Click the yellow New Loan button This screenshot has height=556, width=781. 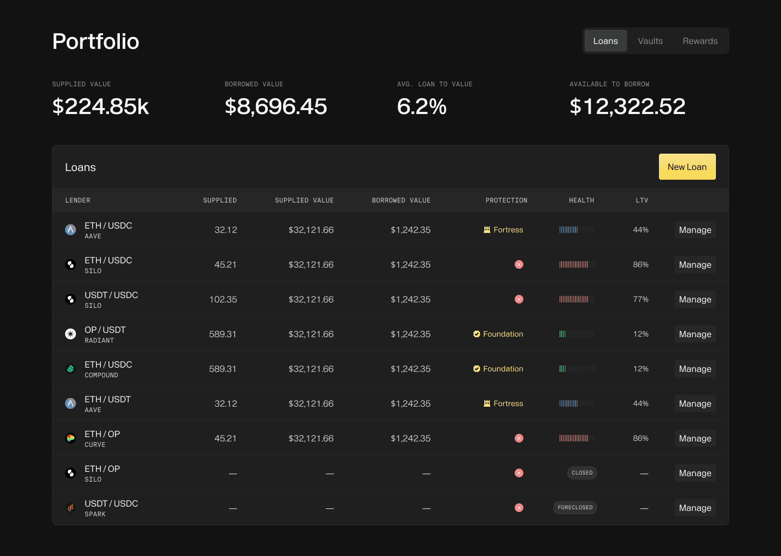tap(687, 167)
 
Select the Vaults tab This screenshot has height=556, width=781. tap(650, 41)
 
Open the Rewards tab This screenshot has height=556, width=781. tap(700, 41)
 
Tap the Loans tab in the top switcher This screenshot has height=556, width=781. tap(605, 41)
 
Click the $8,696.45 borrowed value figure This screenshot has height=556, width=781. tap(276, 106)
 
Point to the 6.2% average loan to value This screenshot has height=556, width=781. tap(421, 106)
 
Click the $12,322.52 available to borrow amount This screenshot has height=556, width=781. tap(627, 106)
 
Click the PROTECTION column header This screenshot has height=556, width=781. tap(506, 200)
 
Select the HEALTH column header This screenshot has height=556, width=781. tap(581, 200)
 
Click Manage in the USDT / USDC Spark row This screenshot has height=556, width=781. tap(695, 508)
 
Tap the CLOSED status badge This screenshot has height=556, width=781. tap(582, 473)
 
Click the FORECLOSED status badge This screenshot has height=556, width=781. tap(575, 508)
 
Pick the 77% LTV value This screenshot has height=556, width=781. tap(641, 299)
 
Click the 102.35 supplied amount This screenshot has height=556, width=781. tap(223, 299)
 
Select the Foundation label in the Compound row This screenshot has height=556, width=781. tap(503, 369)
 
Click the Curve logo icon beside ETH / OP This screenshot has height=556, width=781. tap(71, 438)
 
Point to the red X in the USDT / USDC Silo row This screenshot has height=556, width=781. tap(519, 299)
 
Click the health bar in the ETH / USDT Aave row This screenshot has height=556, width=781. tap(577, 403)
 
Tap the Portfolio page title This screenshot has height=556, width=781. tap(95, 42)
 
